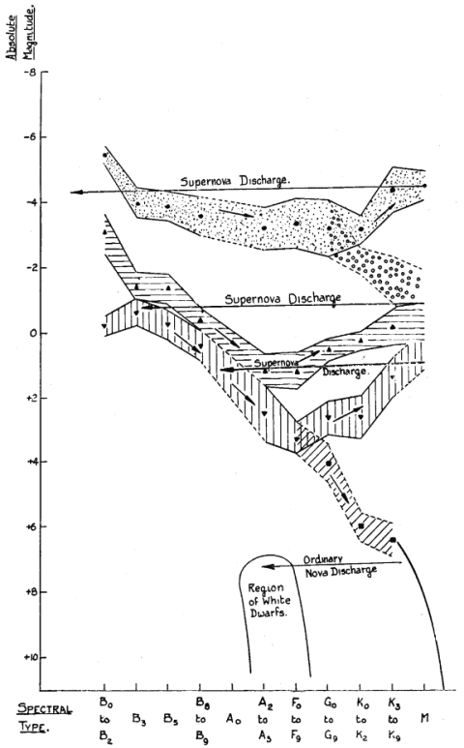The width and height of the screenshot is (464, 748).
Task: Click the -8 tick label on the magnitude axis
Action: tap(30, 73)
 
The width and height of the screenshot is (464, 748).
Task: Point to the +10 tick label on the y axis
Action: tap(30, 658)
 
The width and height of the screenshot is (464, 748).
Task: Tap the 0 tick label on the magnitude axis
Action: tap(33, 334)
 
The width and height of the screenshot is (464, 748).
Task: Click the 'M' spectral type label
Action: tap(425, 718)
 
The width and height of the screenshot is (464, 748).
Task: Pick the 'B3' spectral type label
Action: tap(138, 719)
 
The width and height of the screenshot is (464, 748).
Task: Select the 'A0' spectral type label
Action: tap(233, 719)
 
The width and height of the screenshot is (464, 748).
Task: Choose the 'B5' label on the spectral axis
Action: tap(171, 719)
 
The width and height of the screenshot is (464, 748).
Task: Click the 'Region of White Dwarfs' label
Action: tap(269, 600)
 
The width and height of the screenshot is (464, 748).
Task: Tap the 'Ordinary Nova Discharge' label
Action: tap(340, 566)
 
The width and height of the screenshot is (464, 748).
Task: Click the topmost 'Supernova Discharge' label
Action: tap(235, 181)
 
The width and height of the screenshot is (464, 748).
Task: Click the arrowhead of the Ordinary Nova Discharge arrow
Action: tap(266, 567)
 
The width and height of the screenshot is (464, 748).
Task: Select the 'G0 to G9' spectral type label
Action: tap(329, 719)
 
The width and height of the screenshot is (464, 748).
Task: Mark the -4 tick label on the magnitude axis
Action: tap(30, 203)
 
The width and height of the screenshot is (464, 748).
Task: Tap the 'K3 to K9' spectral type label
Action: tap(393, 719)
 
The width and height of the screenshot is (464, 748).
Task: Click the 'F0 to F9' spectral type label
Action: tap(296, 719)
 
